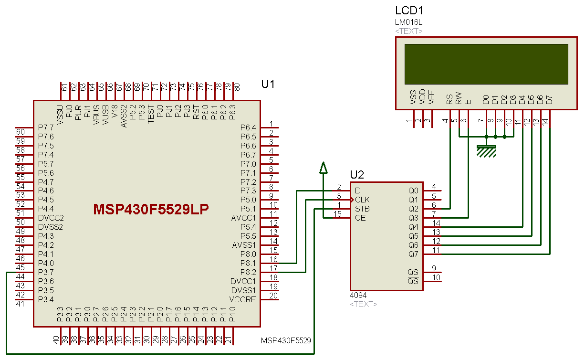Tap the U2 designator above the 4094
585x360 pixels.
click(x=357, y=175)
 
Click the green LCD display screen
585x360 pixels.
click(x=486, y=64)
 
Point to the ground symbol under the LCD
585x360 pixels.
click(x=486, y=151)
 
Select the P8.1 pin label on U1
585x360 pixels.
click(x=248, y=263)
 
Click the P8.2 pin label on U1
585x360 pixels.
click(x=248, y=272)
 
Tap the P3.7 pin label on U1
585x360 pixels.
click(x=46, y=272)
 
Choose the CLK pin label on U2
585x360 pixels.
click(x=362, y=200)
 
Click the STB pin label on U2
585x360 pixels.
click(x=362, y=209)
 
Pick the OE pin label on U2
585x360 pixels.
click(x=360, y=218)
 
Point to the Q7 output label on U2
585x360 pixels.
click(x=413, y=254)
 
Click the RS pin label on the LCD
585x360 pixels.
click(x=449, y=99)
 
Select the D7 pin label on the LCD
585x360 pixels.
click(x=550, y=100)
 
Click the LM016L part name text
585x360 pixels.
click(x=408, y=22)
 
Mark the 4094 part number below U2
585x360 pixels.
click(x=358, y=296)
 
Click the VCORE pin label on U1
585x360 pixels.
click(x=243, y=299)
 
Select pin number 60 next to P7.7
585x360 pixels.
click(x=21, y=132)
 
